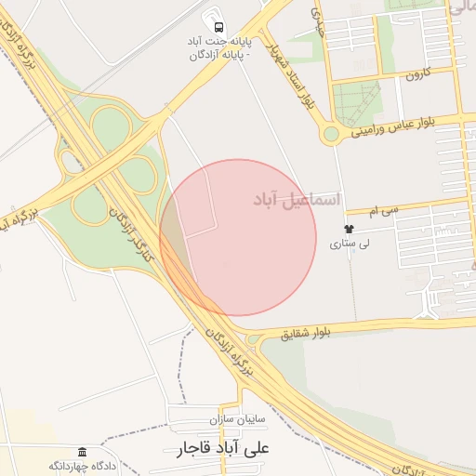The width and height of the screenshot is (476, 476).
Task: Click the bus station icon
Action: [219, 27]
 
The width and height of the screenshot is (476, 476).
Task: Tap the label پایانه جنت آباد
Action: [219, 42]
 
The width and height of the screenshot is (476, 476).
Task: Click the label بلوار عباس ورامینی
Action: [405, 126]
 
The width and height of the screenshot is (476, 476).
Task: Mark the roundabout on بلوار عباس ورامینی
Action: [330, 135]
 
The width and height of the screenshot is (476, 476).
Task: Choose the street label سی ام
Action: [408, 210]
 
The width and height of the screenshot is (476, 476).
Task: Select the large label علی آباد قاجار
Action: [227, 450]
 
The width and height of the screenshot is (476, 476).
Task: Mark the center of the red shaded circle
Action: [239, 238]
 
